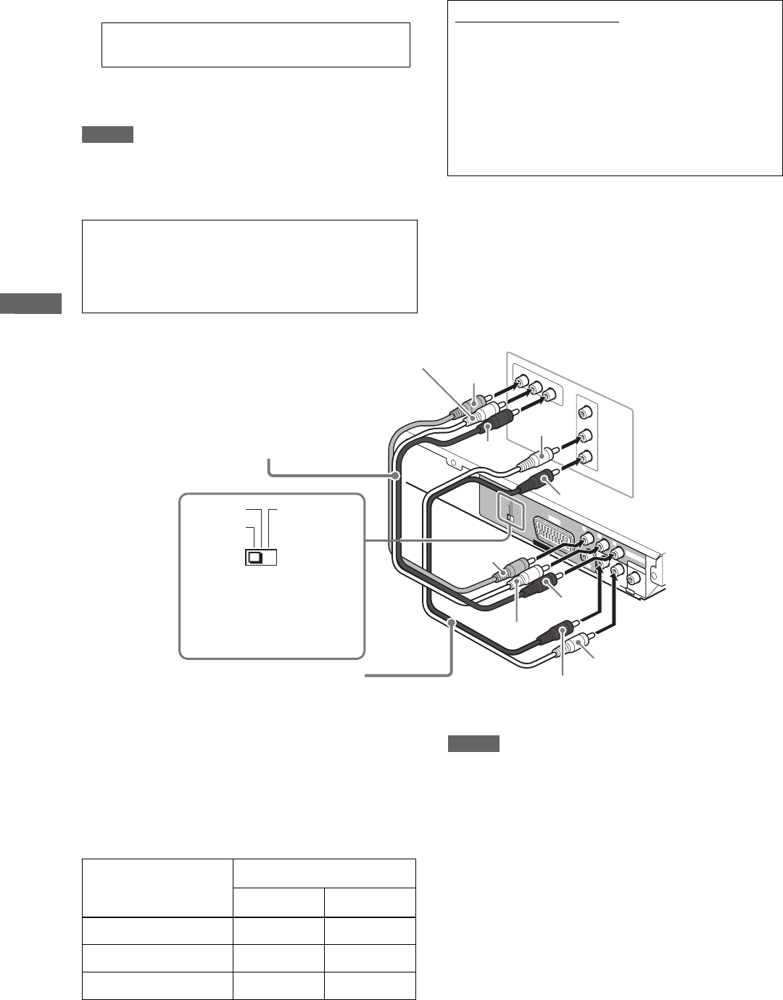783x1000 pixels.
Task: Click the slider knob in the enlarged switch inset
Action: [x=255, y=558]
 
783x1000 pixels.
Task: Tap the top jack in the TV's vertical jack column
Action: [x=586, y=413]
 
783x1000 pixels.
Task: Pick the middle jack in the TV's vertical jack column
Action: [x=586, y=437]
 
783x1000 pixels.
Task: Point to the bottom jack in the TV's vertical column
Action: [x=586, y=458]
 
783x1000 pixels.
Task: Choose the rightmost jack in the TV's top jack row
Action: [x=550, y=395]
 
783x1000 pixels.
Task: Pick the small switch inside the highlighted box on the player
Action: [x=510, y=518]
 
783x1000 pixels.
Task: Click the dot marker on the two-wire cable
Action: [x=452, y=621]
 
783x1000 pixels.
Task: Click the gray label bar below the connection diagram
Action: [x=473, y=743]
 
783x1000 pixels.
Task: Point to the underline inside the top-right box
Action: [x=537, y=22]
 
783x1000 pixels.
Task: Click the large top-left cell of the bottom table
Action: [x=157, y=888]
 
